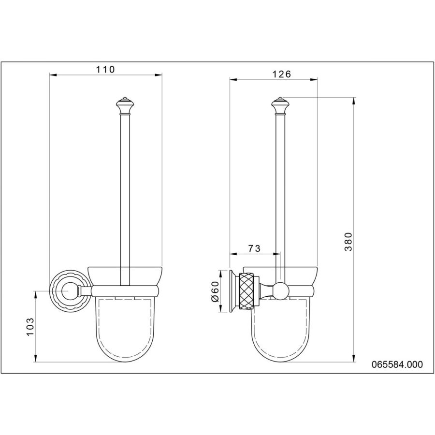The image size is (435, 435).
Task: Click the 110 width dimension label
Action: (105, 69)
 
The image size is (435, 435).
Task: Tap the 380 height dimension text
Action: (348, 242)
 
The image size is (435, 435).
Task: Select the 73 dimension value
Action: (254, 248)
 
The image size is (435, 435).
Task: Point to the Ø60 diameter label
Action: (215, 291)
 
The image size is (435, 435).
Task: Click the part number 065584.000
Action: (397, 364)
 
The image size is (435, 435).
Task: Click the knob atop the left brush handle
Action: (125, 106)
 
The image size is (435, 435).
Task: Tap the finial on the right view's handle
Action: (280, 106)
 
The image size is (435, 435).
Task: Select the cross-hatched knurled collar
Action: (246, 291)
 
